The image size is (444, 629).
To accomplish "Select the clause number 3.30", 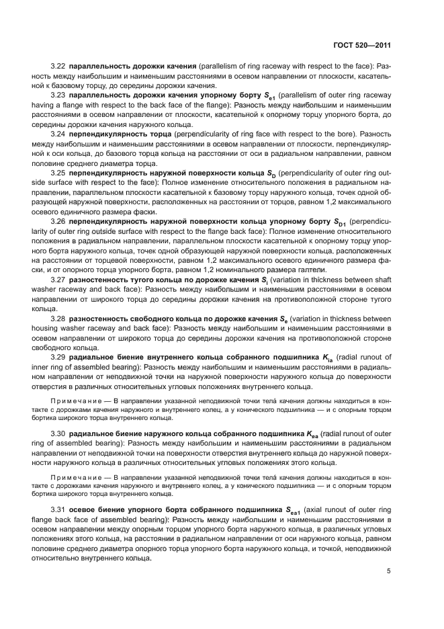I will [x=58, y=435].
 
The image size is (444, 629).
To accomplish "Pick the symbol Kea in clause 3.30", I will [x=310, y=435].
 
